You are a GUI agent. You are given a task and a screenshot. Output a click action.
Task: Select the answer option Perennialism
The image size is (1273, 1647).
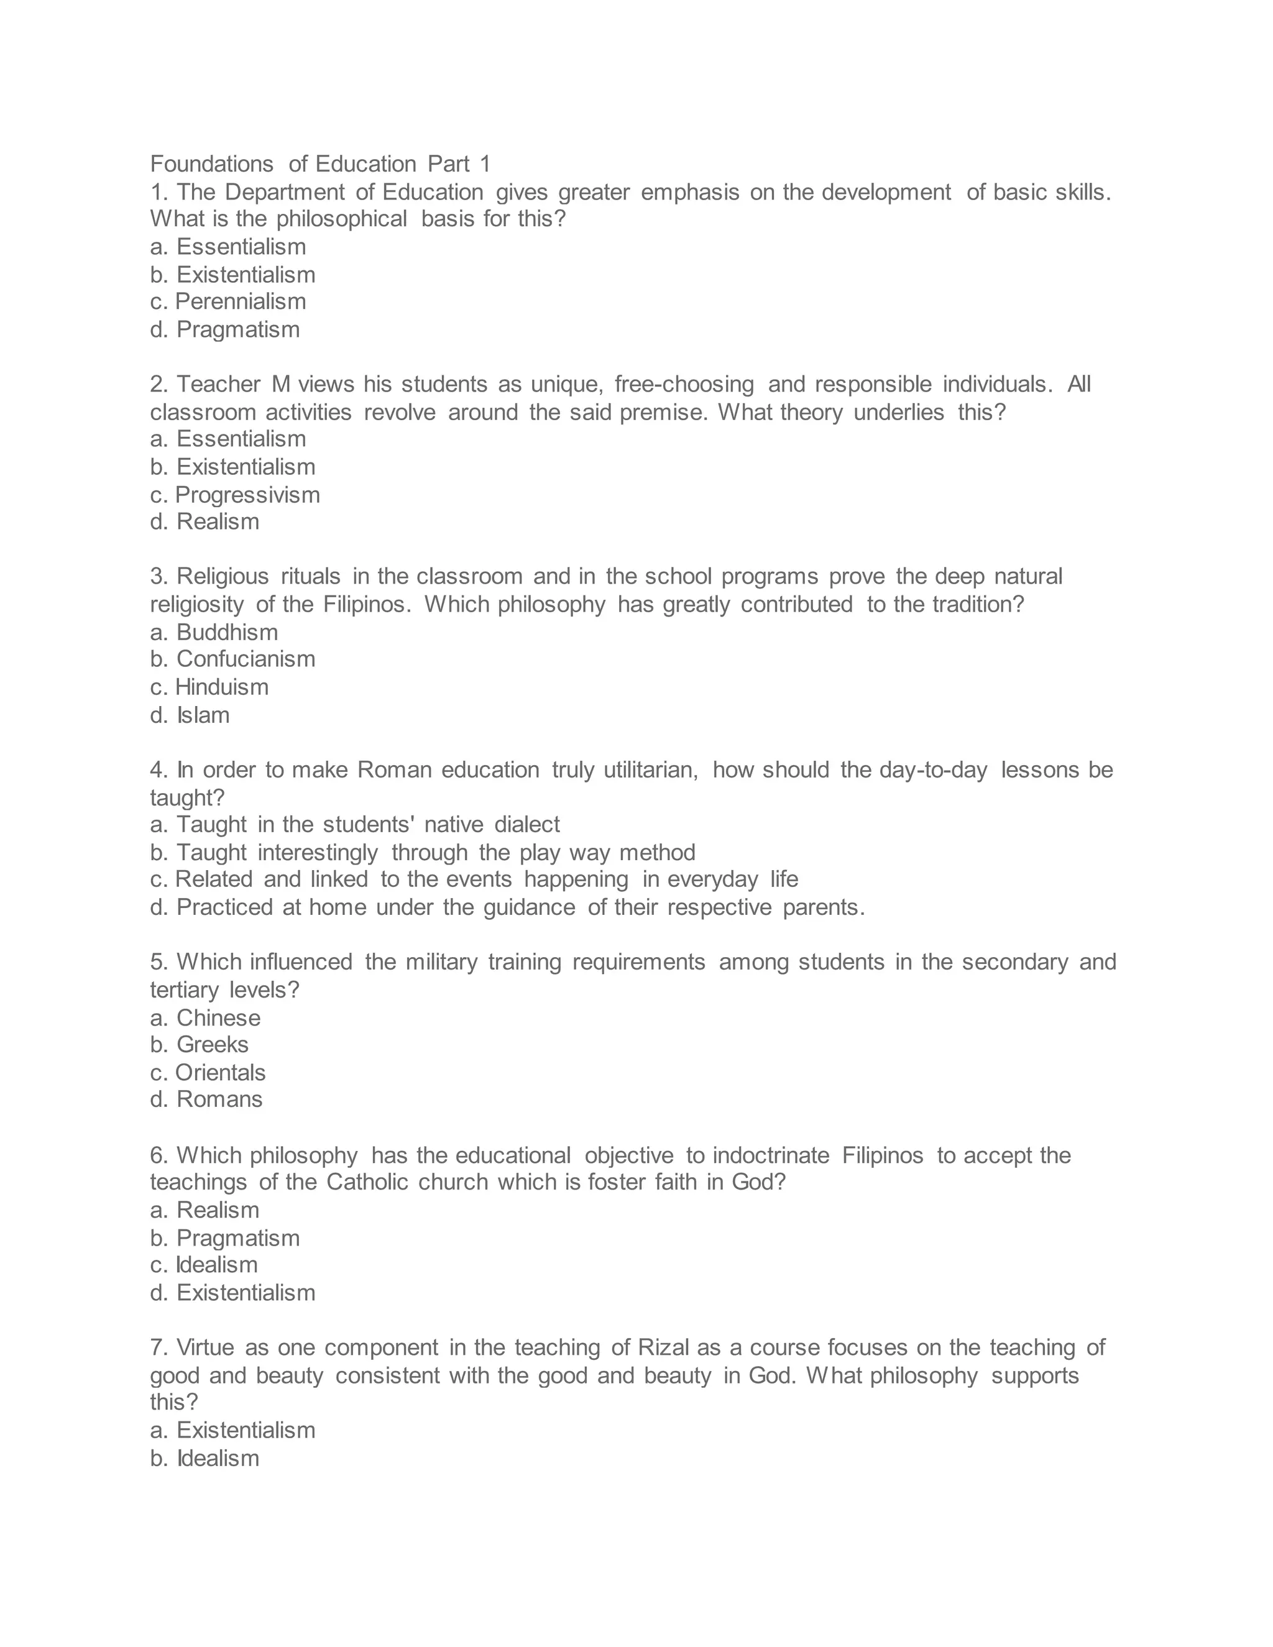pyautogui.click(x=240, y=301)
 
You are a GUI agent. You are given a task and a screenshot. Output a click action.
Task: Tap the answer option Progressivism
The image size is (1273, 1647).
pyautogui.click(x=247, y=495)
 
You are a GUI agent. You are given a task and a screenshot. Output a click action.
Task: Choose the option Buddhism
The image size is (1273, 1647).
pyautogui.click(x=226, y=632)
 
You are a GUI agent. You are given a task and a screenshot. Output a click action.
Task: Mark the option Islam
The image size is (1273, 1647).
pyautogui.click(x=203, y=715)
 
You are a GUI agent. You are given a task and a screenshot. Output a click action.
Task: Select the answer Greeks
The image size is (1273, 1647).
pyautogui.click(x=212, y=1045)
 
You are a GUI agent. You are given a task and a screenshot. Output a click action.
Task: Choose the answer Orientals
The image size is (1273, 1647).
pyautogui.click(x=220, y=1072)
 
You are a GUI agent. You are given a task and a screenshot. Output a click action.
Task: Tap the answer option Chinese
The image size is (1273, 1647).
pyautogui.click(x=218, y=1018)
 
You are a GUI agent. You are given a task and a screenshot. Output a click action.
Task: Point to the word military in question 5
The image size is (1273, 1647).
pyautogui.click(x=441, y=962)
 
